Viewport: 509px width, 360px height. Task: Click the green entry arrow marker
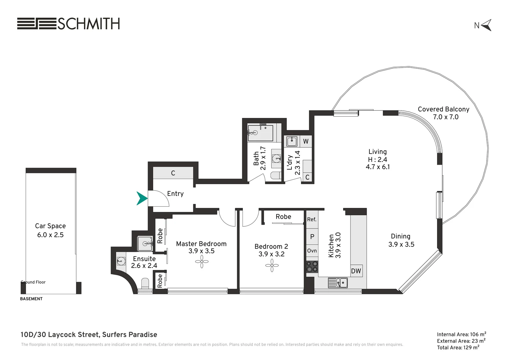click(x=142, y=198)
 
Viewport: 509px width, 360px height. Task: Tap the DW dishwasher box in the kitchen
click(x=356, y=271)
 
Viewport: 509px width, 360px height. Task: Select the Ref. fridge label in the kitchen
click(x=312, y=219)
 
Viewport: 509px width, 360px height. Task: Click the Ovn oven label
click(x=312, y=251)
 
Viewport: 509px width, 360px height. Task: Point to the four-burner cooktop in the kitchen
click(x=312, y=266)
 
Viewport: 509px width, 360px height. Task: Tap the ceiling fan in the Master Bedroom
click(x=202, y=262)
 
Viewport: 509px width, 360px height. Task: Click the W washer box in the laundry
click(x=306, y=141)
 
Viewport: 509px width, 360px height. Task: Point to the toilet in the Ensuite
click(x=145, y=283)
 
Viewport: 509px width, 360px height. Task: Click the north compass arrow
click(x=486, y=25)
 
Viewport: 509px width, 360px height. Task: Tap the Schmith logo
click(x=68, y=24)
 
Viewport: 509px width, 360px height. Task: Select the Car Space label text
click(x=50, y=226)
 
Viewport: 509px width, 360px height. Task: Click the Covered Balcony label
click(x=443, y=109)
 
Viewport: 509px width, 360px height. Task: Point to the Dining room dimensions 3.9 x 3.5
click(x=401, y=244)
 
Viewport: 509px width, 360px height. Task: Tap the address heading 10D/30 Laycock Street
click(x=89, y=335)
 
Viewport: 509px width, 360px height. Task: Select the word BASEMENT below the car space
click(x=31, y=299)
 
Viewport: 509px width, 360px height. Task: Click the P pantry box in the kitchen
click(x=312, y=237)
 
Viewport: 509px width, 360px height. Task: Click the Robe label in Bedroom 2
click(x=283, y=217)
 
